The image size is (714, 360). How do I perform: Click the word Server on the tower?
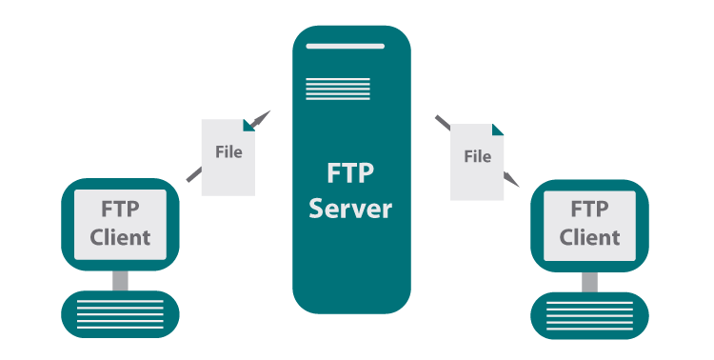350,209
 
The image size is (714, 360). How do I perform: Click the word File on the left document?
228,151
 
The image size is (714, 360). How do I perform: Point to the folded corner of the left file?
249,124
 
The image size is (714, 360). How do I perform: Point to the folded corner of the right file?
498,130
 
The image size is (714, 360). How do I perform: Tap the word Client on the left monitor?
120,236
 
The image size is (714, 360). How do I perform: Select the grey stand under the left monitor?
120,280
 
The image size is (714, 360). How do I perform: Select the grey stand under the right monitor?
589,281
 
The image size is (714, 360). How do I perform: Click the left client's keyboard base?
120,315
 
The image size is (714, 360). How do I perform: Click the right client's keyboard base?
589,315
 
